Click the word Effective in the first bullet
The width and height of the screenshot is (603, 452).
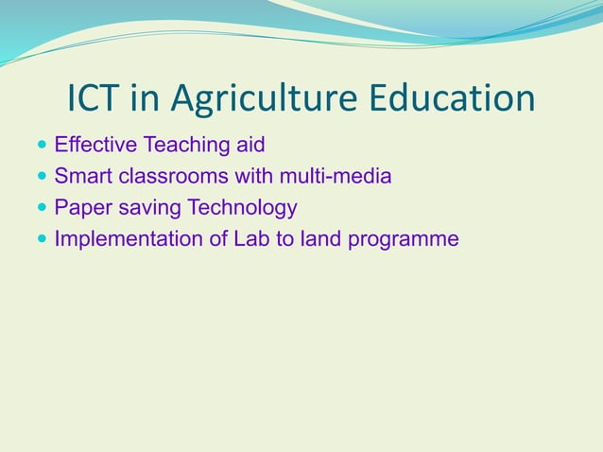point(95,146)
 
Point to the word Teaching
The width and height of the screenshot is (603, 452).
point(184,147)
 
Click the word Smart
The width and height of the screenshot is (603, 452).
point(83,177)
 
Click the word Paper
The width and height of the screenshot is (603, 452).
point(83,208)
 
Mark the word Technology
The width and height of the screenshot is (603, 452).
point(243,208)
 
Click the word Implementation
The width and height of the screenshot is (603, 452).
point(128,239)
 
